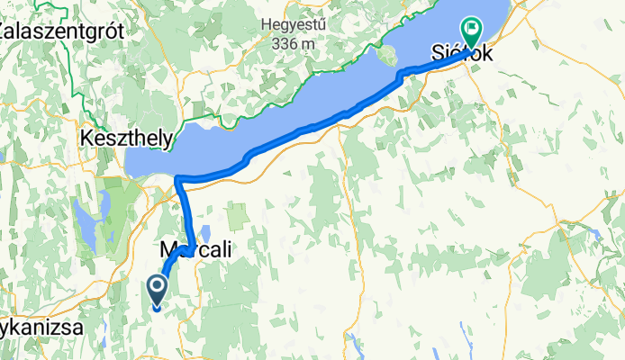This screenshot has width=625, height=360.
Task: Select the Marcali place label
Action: click(195, 252)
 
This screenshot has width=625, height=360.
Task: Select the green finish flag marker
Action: click(471, 32)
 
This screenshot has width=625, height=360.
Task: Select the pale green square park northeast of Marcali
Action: click(239, 215)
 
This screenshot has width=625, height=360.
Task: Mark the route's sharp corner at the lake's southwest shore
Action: click(179, 178)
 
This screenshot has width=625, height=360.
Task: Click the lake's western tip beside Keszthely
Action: click(131, 165)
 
